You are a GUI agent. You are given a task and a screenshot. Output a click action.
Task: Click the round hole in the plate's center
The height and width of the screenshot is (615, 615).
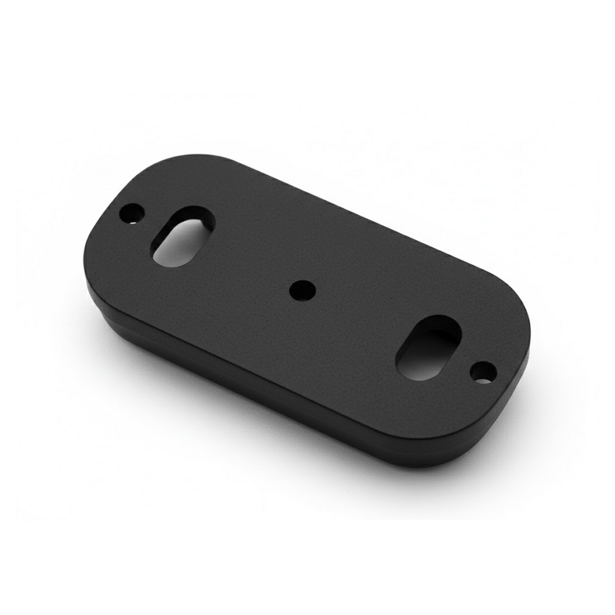pos(302,289)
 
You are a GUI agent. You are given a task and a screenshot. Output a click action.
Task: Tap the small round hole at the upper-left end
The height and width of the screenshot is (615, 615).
pos(133,212)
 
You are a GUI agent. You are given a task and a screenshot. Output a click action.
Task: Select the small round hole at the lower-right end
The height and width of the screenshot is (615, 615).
pos(483,372)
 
